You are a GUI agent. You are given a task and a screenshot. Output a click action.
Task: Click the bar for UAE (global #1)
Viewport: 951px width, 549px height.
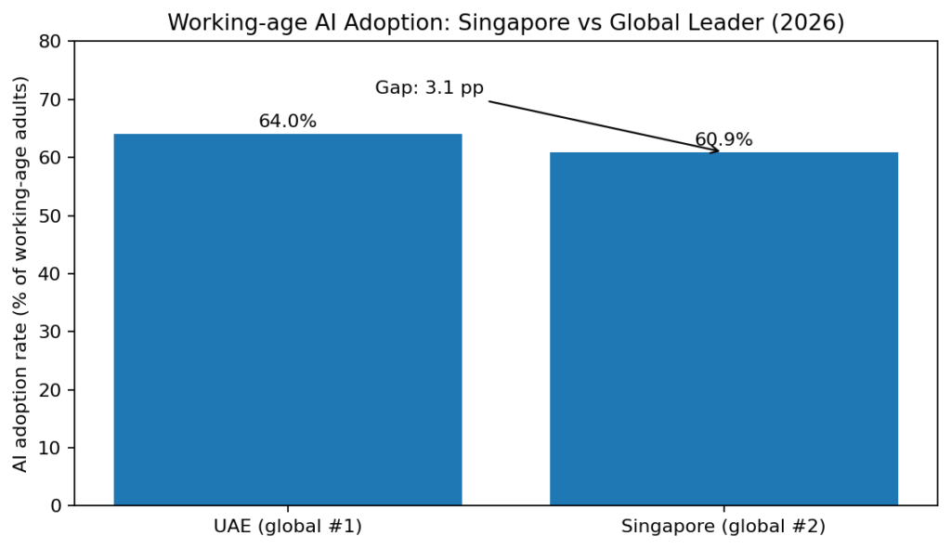tap(288, 320)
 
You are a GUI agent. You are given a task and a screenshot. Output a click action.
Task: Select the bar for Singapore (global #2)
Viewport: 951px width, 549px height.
tap(723, 329)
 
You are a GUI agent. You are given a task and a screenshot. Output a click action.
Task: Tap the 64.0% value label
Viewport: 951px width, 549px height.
tap(288, 122)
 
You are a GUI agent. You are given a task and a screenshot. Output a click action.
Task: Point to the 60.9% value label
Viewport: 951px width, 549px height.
tap(723, 140)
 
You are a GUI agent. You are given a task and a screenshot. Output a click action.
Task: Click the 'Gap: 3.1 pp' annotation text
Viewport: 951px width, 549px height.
tap(429, 88)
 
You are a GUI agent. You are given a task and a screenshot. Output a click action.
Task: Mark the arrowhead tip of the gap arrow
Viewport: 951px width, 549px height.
tap(720, 150)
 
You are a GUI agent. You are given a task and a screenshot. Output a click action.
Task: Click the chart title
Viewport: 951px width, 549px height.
tap(505, 22)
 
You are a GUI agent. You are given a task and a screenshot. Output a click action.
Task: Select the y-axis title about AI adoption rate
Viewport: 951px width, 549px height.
tap(21, 273)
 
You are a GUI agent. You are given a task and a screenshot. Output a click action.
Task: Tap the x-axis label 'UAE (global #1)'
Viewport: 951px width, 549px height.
tap(288, 527)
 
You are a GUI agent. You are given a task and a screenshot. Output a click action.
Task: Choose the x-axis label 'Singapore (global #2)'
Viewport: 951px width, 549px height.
tap(723, 527)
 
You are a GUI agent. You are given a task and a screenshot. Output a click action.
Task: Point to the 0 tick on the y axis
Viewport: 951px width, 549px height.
tap(57, 506)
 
